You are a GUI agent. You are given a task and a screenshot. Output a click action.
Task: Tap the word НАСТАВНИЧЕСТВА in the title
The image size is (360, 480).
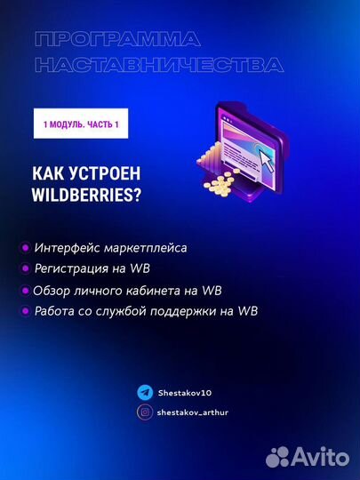(158, 65)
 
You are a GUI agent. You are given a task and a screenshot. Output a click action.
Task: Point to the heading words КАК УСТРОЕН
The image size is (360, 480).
(86, 172)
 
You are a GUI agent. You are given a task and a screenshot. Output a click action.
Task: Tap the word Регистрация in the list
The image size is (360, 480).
(76, 268)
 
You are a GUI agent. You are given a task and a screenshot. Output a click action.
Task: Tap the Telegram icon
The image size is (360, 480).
(144, 391)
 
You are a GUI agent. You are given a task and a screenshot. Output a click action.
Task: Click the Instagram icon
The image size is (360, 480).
(144, 412)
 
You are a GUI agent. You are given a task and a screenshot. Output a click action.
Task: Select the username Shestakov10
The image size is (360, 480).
(184, 391)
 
